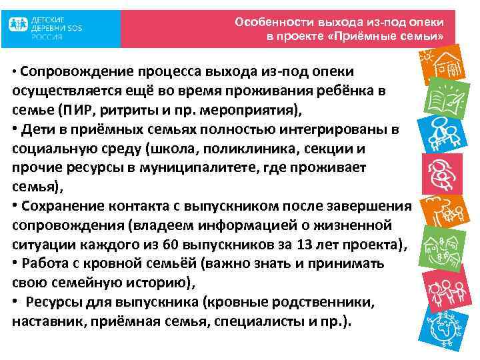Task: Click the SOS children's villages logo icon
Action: point(19,27)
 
